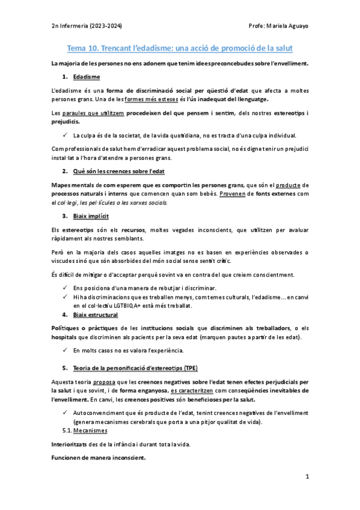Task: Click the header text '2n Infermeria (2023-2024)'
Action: [87, 26]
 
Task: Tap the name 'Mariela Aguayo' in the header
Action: [288, 26]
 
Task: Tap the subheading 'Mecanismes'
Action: [90, 431]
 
